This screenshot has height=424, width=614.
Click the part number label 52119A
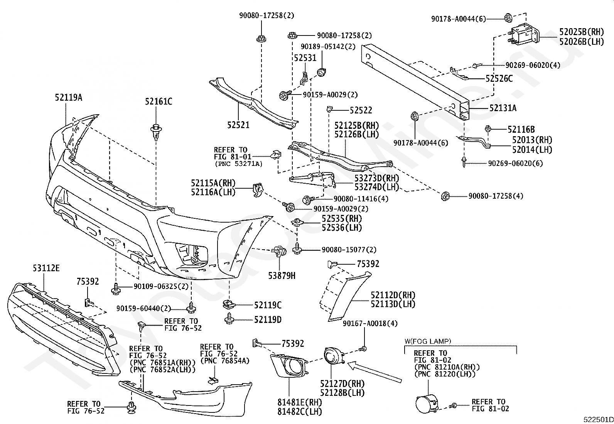point(69,97)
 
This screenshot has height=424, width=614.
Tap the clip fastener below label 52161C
point(156,132)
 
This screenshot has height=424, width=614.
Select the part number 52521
point(238,125)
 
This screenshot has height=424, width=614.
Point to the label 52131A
point(503,108)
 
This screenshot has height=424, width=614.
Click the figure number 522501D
point(598,420)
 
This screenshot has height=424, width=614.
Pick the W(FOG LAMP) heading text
point(428,341)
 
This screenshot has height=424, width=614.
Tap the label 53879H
point(282,275)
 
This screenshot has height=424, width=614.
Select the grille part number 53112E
point(46,268)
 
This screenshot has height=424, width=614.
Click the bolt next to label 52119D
point(229,319)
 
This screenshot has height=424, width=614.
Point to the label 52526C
point(499,79)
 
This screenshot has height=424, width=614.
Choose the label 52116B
point(521,130)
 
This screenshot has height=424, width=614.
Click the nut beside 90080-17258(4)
point(445,196)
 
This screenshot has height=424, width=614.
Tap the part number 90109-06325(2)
point(161,286)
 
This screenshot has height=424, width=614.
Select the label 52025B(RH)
point(582,32)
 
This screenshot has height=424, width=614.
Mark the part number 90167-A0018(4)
point(370,323)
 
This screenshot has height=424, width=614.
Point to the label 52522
point(361,110)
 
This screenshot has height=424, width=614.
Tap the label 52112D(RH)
point(393,295)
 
